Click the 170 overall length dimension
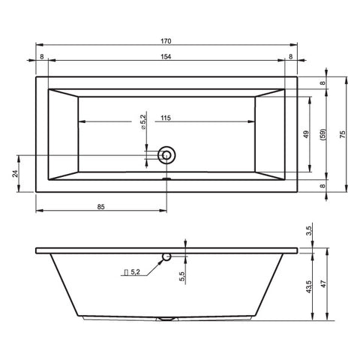(166, 41)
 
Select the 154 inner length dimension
(166, 57)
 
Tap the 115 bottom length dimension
(166, 118)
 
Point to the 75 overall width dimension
(343, 134)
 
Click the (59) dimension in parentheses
(323, 134)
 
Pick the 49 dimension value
(306, 134)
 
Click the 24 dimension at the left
(15, 173)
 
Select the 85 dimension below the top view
(100, 207)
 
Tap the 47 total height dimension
(324, 284)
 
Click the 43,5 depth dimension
(309, 286)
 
